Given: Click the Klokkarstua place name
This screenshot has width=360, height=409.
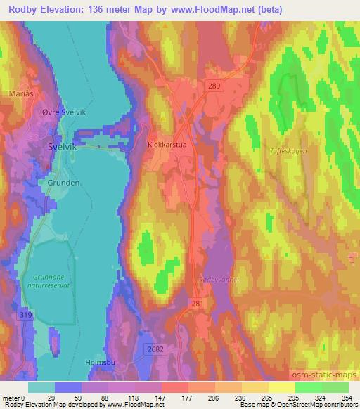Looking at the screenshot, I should pyautogui.click(x=167, y=144).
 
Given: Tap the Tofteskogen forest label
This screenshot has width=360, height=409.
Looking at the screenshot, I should pyautogui.click(x=289, y=150).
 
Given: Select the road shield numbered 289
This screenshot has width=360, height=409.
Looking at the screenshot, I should pyautogui.click(x=214, y=86).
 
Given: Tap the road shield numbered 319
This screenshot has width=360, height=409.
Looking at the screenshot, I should pyautogui.click(x=25, y=314).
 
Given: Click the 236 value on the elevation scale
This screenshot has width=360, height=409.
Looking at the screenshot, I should pyautogui.click(x=241, y=397).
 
